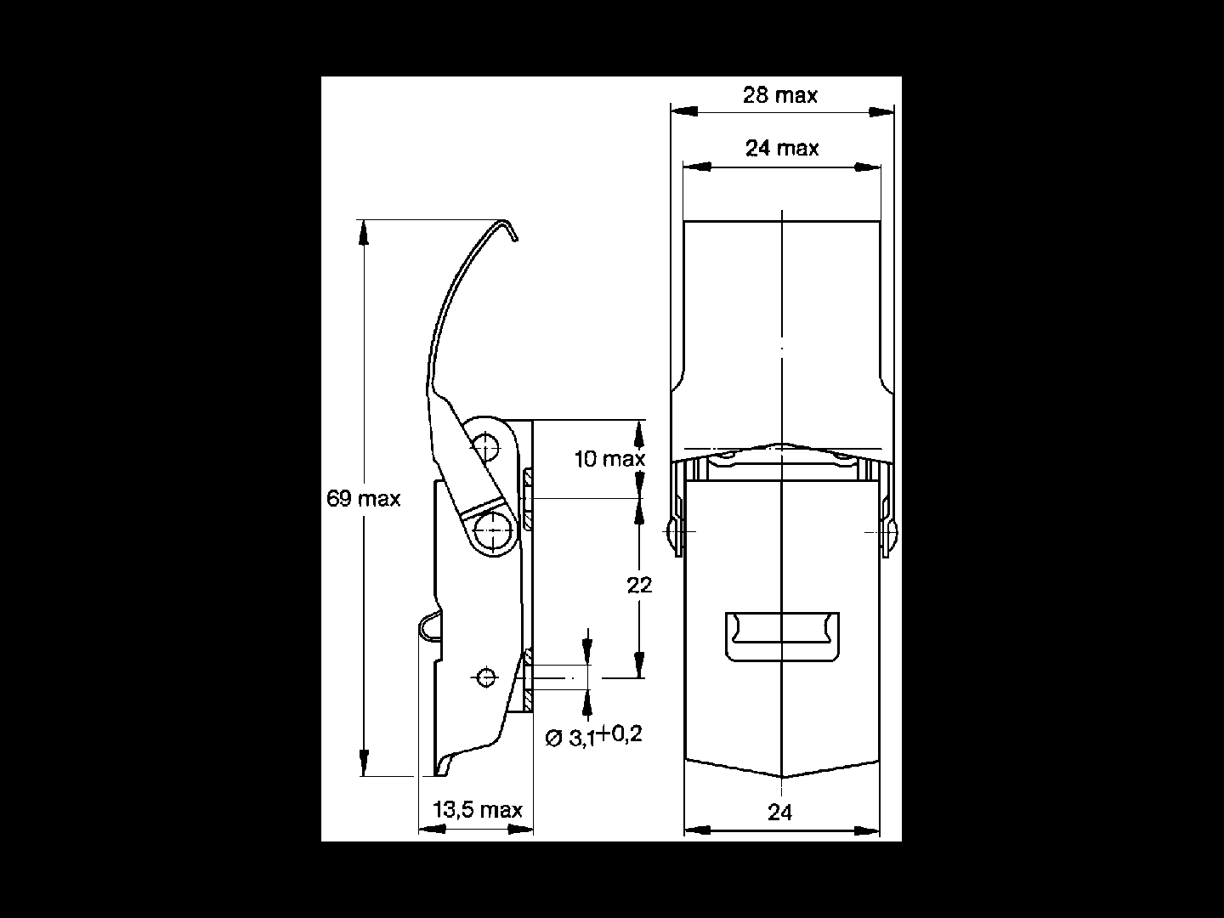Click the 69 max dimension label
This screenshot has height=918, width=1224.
(x=364, y=498)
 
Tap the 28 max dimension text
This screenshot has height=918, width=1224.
(x=780, y=95)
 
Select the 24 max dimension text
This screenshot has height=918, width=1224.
(x=782, y=148)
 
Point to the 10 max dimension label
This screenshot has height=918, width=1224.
(x=609, y=459)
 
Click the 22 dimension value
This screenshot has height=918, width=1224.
(x=639, y=586)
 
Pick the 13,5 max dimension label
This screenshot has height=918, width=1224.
(x=478, y=809)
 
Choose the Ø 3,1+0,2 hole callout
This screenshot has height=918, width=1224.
(x=594, y=736)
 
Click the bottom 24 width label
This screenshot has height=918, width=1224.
(x=779, y=813)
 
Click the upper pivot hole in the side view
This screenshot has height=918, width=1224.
(x=486, y=447)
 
